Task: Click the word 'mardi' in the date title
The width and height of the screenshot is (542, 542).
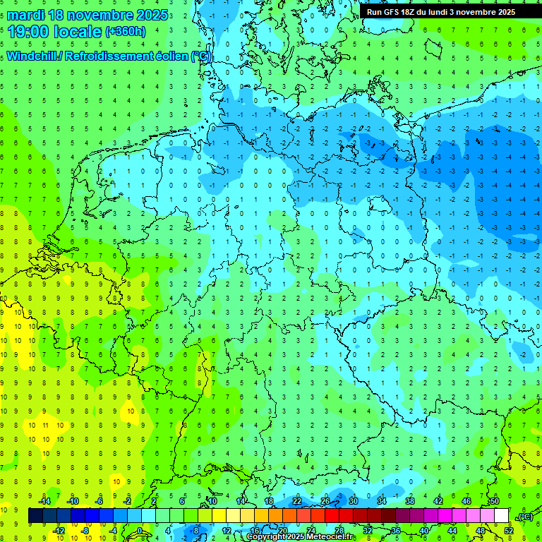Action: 25,14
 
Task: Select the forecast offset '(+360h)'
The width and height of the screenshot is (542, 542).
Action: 125,32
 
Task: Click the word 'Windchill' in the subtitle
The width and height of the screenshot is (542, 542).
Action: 33,56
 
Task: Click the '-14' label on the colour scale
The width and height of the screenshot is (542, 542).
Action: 45,501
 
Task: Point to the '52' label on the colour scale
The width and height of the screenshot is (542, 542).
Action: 509,531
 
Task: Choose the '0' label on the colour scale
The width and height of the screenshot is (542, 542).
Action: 140,531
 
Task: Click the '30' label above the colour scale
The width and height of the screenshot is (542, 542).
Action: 353,501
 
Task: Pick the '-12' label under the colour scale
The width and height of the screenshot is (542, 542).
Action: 59,531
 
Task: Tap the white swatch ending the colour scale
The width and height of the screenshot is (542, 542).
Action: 502,516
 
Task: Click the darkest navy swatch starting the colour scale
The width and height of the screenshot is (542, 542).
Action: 35,516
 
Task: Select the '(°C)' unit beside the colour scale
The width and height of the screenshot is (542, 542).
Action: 524,517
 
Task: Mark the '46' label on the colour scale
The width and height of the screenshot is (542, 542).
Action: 466,501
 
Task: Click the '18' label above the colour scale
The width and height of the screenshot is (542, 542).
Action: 268,501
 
